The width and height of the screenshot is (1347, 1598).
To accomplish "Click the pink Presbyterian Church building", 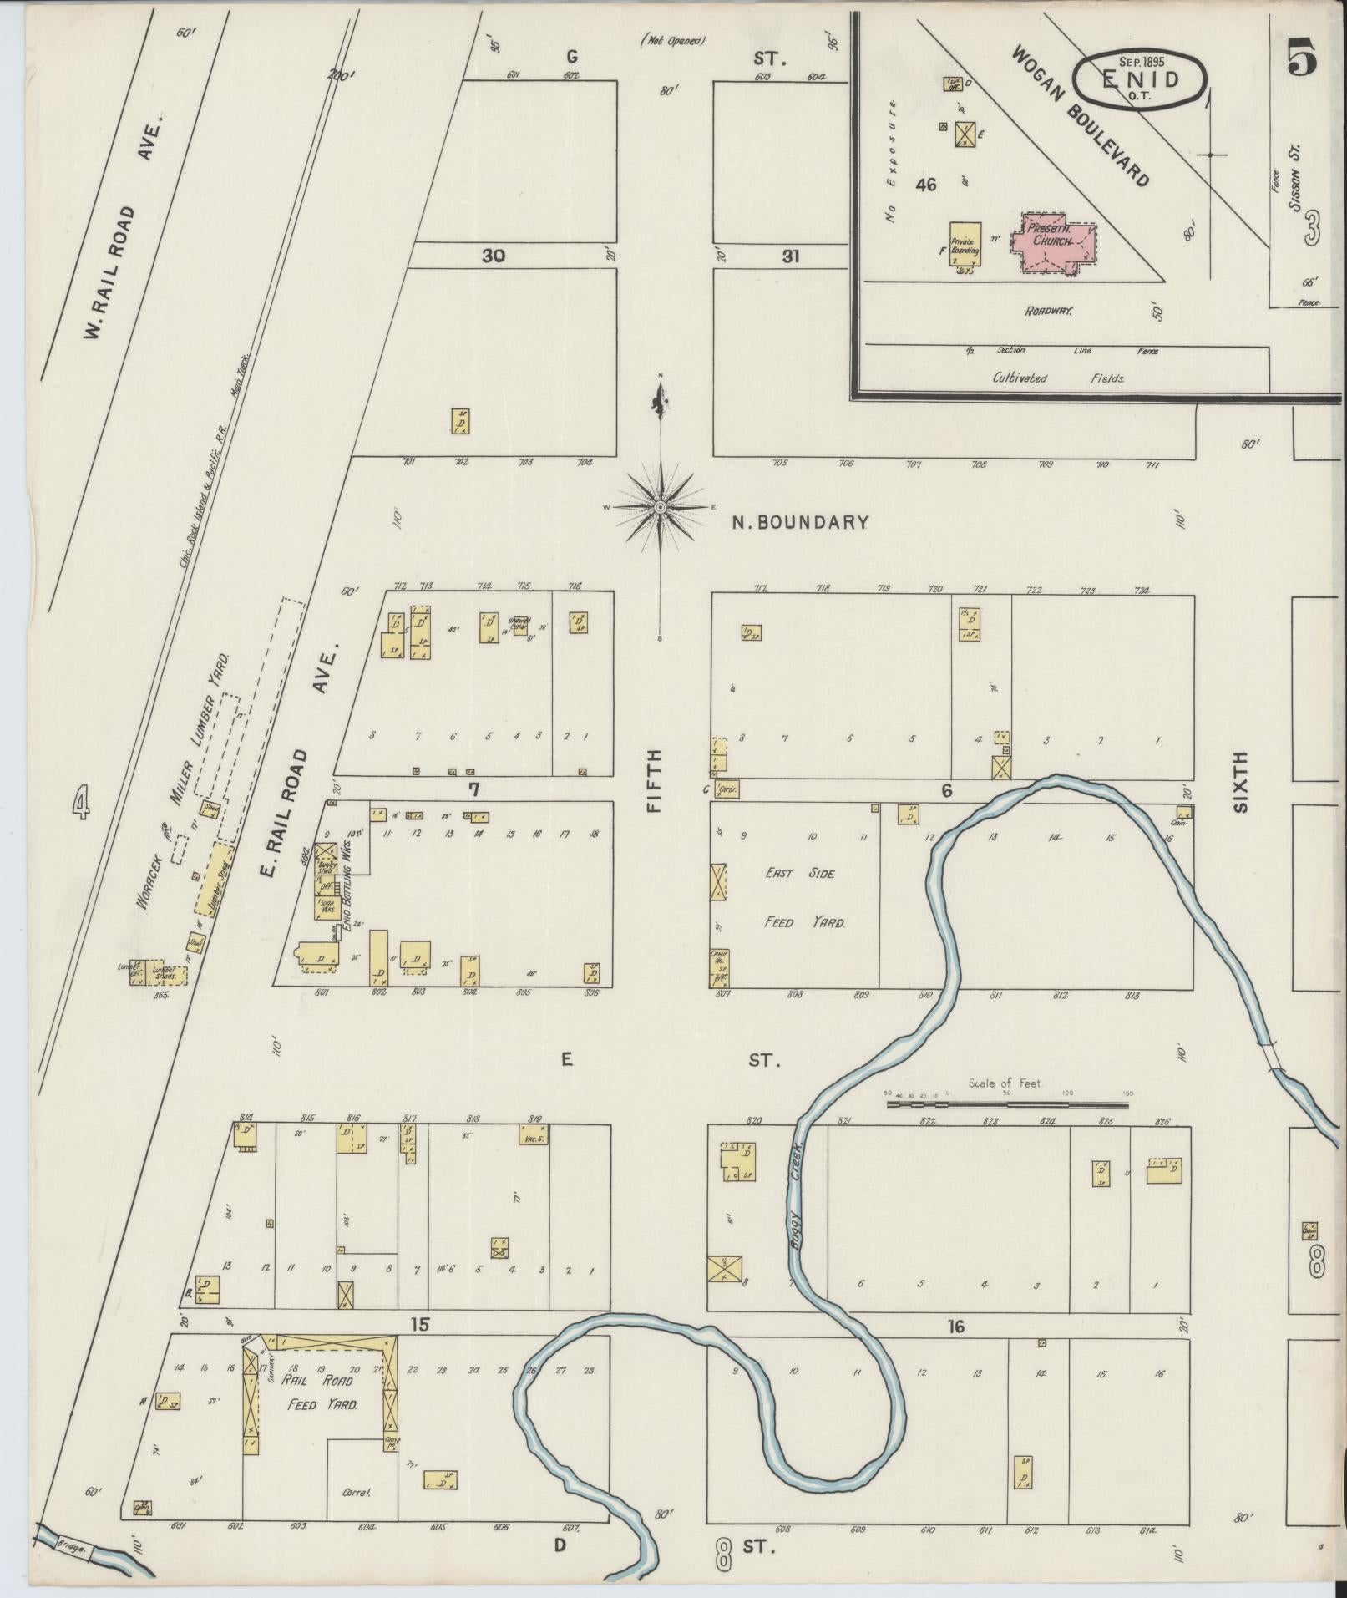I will click(1053, 241).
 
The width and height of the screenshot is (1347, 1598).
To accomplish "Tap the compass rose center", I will click(661, 507).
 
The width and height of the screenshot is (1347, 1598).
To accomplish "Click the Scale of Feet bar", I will click(1006, 1104).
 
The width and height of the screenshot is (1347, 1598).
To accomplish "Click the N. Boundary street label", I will click(800, 523).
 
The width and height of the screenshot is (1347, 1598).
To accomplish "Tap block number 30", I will click(493, 256).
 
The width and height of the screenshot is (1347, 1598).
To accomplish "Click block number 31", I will click(790, 256).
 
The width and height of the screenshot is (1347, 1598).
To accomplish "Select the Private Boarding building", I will click(965, 244).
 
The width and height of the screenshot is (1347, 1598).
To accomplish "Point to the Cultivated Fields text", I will click(1058, 378).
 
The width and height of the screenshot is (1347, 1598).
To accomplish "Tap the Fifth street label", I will click(654, 781).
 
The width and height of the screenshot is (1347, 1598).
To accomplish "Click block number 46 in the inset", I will click(925, 185).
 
